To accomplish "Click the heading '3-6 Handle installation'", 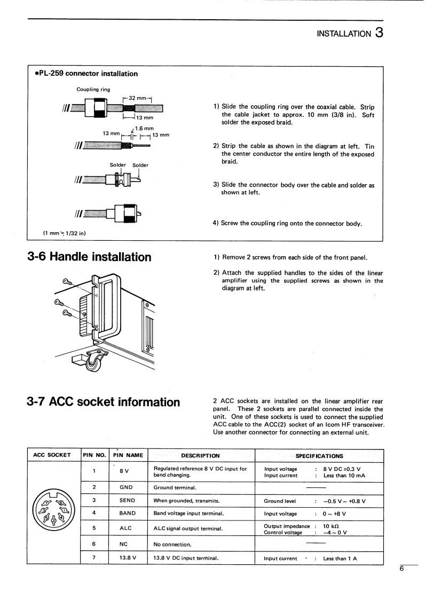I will coord(89,257).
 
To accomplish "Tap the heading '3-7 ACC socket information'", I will coord(104,402).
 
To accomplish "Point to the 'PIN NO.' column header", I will coord(94,455).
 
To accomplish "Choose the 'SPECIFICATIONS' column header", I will coord(319,456).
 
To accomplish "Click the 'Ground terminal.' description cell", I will coord(176,487).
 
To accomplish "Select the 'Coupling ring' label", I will coord(93,89).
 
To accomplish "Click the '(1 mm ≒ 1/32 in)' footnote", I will coord(65,233).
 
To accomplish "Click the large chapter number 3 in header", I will coord(378,33).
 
